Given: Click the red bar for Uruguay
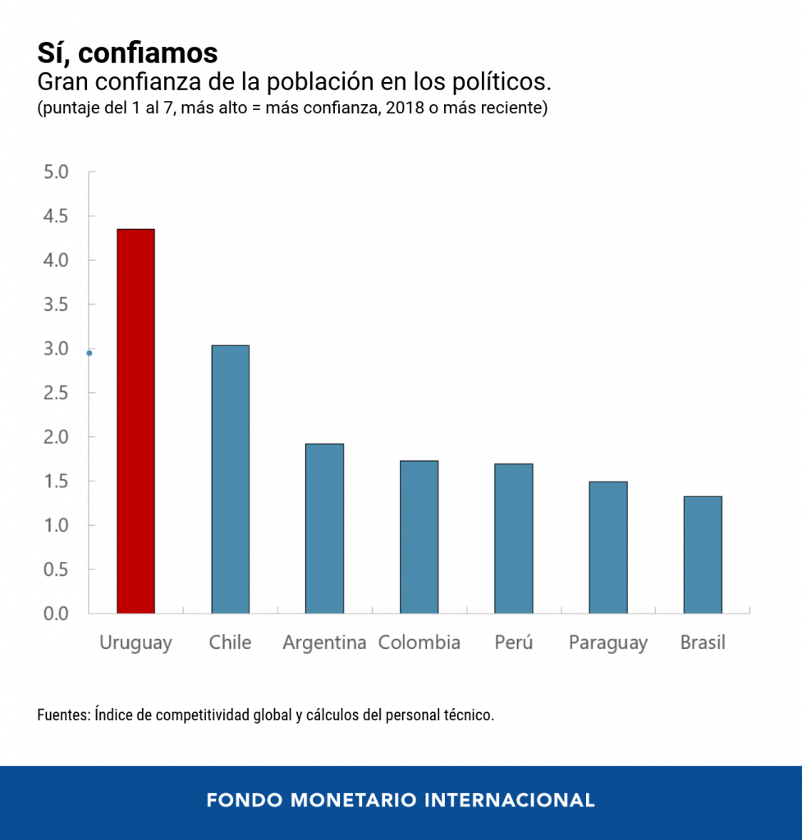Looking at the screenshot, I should pos(135,421).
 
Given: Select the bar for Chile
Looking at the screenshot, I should pos(230,479).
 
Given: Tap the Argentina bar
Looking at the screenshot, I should pos(324,528).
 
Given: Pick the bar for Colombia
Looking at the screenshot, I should pos(419,537).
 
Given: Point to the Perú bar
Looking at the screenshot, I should pos(513,538).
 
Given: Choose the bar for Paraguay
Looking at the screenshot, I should pos(607,547).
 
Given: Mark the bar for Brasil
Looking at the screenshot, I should pos(702,555).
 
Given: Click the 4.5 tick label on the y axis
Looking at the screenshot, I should pos(57,217).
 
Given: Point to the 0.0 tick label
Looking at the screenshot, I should pos(57,614).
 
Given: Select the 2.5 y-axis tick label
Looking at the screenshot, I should pos(57,393).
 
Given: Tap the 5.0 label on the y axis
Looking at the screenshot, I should pos(57,172).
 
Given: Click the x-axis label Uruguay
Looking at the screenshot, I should pos(135,642).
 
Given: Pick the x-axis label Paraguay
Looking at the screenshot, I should pos(607,643).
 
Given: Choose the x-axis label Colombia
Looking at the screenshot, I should pos(419,642).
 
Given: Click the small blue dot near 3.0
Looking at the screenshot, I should pos(89,354).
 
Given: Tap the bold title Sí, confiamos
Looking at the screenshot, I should pos(127,52).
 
